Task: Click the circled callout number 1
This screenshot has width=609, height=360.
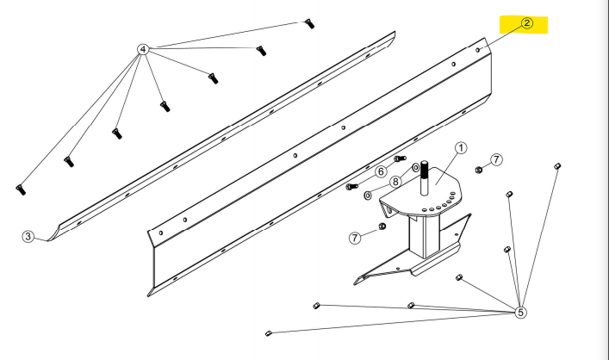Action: [x=461, y=148]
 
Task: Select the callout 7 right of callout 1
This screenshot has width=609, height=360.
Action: [x=496, y=160]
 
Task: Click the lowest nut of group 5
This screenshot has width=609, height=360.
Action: [x=270, y=332]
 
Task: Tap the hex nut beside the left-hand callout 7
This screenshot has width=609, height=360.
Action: [x=381, y=227]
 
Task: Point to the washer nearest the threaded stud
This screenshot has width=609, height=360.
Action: [x=415, y=167]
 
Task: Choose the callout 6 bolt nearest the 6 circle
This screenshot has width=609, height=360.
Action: [x=399, y=159]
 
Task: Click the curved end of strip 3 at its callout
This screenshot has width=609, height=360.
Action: [x=53, y=233]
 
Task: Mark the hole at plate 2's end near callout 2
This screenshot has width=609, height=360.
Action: [x=478, y=50]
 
